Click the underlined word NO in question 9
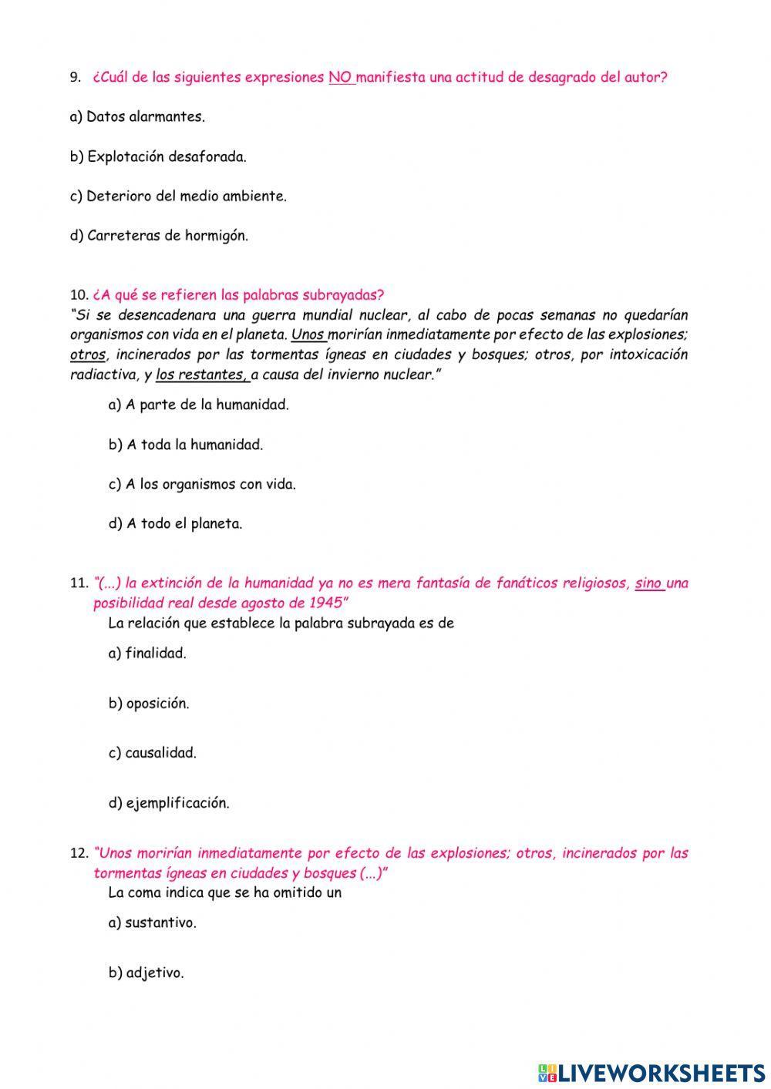[x=340, y=77]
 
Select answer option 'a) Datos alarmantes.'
[x=137, y=117]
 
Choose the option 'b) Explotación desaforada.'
[x=158, y=156]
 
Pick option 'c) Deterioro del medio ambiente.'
[x=178, y=196]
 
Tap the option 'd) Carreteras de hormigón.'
[x=159, y=236]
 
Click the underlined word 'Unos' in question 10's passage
[x=308, y=334]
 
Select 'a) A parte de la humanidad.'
[x=198, y=405]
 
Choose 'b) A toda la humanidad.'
[x=185, y=445]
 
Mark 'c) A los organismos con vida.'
[x=202, y=484]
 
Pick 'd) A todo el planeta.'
[x=175, y=524]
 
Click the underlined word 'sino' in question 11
[x=648, y=583]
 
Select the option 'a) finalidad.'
[x=147, y=654]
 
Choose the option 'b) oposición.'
[x=148, y=704]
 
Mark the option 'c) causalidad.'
[x=152, y=753]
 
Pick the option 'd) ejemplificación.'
[x=169, y=803]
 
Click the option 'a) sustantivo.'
[x=152, y=923]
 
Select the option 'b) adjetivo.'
[x=146, y=973]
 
